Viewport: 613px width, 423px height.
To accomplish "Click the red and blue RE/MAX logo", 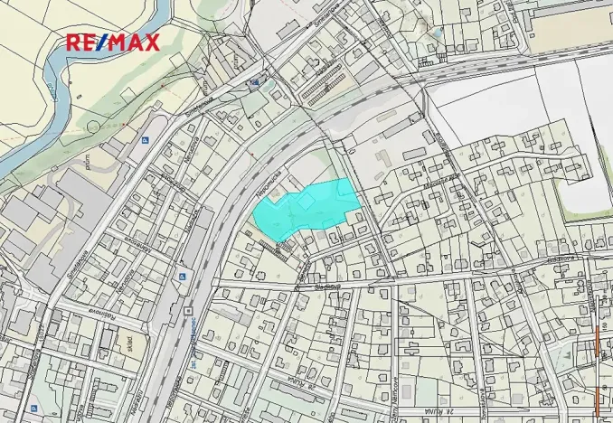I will pyautogui.click(x=112, y=42).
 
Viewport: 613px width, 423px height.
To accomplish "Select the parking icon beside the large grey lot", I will pyautogui.click(x=144, y=139).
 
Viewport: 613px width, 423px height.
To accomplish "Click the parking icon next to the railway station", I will pyautogui.click(x=182, y=277).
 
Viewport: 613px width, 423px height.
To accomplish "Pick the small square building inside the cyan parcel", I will pyautogui.click(x=306, y=202).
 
